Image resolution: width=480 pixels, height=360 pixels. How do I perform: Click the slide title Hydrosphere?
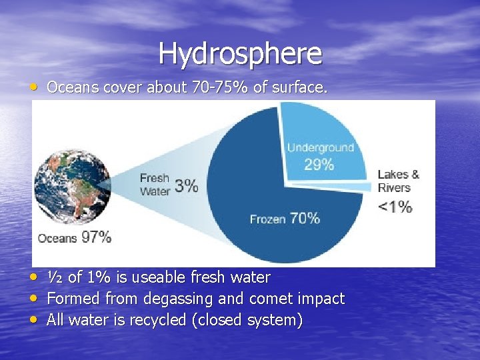pyautogui.click(x=240, y=53)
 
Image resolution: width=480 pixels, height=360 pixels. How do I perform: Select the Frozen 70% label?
pyautogui.click(x=285, y=218)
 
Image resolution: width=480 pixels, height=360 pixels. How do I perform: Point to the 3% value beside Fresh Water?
pyautogui.click(x=186, y=185)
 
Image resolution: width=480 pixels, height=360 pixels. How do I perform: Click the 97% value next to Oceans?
pyautogui.click(x=96, y=237)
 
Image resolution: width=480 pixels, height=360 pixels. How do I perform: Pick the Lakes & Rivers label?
pyautogui.click(x=398, y=181)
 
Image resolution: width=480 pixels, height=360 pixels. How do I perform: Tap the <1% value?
pyautogui.click(x=395, y=206)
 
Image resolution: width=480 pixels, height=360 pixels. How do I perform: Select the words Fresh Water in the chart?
pyautogui.click(x=155, y=185)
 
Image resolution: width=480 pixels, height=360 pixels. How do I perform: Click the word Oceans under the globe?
pyautogui.click(x=57, y=238)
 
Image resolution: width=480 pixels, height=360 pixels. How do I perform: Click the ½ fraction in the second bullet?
pyautogui.click(x=54, y=277)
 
